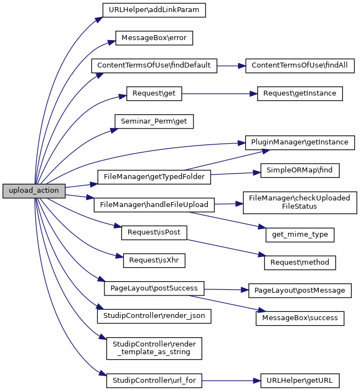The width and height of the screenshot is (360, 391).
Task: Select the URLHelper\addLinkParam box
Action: pos(154,10)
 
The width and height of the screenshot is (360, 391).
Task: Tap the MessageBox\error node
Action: pos(154,37)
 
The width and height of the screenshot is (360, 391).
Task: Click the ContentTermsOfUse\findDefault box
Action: pos(154,65)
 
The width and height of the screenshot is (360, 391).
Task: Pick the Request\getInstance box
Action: pos(300,93)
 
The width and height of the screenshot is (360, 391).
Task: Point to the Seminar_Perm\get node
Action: pos(154,120)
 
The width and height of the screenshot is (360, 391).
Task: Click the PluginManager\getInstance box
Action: pos(300,142)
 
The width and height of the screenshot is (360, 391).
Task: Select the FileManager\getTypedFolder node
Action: pos(154,176)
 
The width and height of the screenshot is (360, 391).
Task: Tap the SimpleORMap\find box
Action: pos(300,170)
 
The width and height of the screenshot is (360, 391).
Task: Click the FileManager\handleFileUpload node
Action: pos(154,205)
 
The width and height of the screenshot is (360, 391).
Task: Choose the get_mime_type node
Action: pos(300,234)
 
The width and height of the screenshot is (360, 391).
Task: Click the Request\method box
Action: pos(300,262)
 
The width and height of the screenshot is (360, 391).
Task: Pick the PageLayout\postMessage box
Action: pos(300,290)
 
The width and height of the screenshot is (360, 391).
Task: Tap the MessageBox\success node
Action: pos(300,317)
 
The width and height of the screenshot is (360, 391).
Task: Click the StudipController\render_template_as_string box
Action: pos(154,348)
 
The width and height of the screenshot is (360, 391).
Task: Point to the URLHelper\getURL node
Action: pos(300,380)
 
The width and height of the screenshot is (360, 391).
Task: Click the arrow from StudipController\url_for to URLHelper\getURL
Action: pos(228,380)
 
